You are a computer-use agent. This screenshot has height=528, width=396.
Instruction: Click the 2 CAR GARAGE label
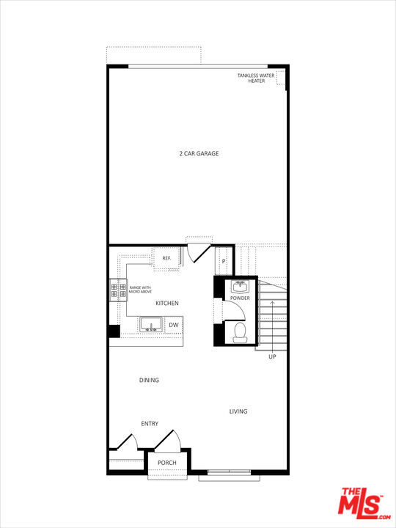point(199,153)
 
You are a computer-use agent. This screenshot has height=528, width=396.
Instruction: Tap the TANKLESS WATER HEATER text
point(256,78)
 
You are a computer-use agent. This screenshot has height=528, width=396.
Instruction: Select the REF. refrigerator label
point(166,258)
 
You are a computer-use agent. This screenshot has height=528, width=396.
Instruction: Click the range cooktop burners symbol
point(118,290)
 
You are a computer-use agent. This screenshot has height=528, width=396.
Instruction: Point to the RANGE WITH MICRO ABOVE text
point(140,290)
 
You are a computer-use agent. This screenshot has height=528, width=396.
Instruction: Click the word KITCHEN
point(166,303)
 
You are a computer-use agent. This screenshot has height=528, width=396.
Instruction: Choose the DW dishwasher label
point(174,325)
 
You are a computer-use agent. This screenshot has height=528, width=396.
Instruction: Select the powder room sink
point(239,286)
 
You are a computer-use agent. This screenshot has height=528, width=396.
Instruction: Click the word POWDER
point(240,298)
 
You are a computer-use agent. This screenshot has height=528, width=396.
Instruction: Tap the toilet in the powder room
point(239,334)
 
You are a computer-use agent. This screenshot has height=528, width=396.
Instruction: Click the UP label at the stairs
point(272,357)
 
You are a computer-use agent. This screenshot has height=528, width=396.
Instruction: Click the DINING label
point(149,380)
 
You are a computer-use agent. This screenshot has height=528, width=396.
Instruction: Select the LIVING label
point(238,411)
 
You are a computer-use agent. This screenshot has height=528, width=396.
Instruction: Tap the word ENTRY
point(150,424)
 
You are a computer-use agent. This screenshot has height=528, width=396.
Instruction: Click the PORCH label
point(167,463)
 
